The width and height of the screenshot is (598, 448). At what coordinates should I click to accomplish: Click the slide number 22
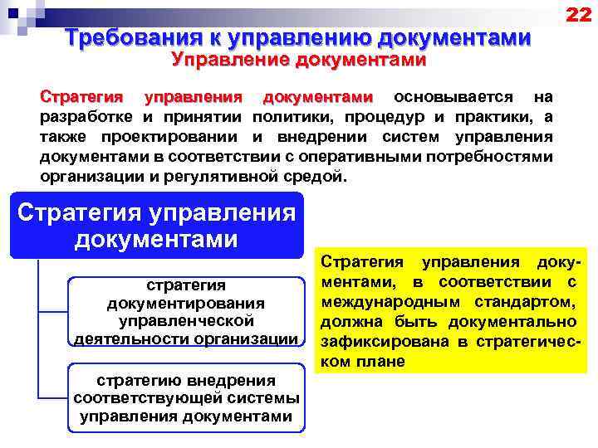tap(577, 15)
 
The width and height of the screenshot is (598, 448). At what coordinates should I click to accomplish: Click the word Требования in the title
tap(131, 38)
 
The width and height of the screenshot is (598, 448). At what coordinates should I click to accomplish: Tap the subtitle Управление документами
tap(298, 60)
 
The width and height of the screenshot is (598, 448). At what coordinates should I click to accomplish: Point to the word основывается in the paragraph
tap(453, 97)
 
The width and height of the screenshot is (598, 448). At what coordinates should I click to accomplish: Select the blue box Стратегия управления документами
tap(157, 225)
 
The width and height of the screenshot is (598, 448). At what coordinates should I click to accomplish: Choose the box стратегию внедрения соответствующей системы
tap(185, 398)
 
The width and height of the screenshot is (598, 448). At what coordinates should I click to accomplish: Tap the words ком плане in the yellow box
tap(363, 362)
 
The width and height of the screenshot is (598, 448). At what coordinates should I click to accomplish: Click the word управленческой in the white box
tap(186, 321)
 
